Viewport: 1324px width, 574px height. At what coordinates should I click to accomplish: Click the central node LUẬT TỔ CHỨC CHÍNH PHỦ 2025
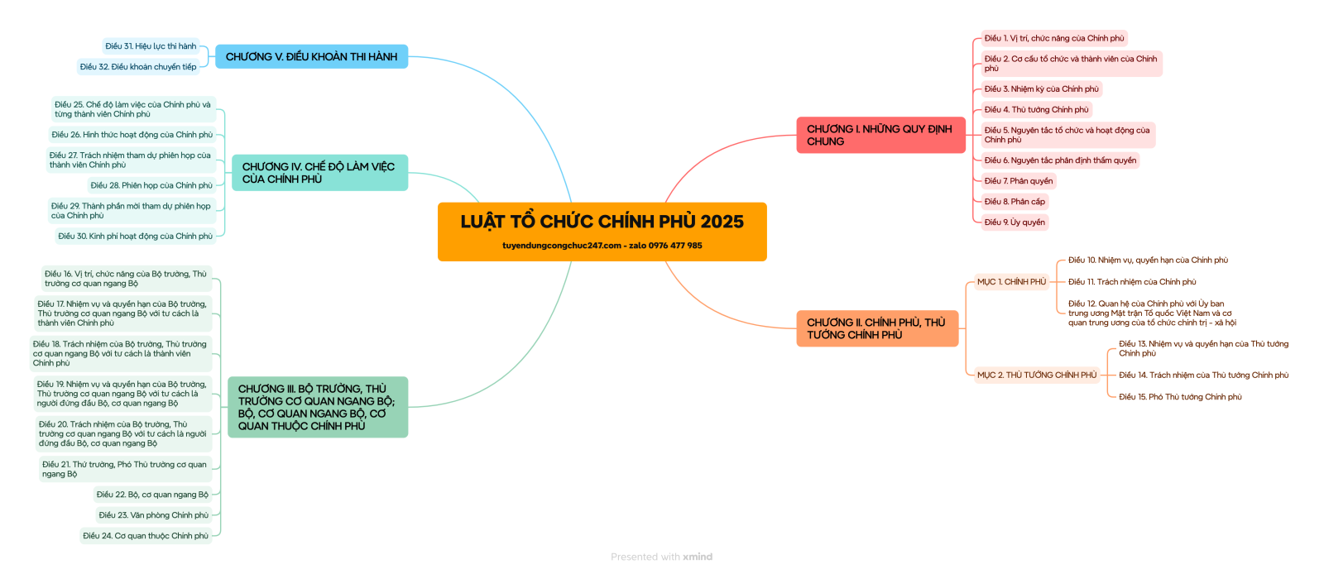click(x=602, y=222)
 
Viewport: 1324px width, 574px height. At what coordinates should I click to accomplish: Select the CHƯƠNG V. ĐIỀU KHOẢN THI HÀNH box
click(x=311, y=57)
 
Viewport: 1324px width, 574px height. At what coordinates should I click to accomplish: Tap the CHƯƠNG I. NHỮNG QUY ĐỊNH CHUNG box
click(x=880, y=136)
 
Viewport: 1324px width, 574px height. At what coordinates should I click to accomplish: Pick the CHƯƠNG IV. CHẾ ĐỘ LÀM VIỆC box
click(x=319, y=173)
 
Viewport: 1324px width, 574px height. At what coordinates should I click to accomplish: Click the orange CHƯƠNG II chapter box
click(x=877, y=328)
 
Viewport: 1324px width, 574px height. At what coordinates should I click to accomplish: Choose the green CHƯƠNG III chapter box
click(x=318, y=407)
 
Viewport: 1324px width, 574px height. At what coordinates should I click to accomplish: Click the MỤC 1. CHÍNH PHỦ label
click(x=1011, y=282)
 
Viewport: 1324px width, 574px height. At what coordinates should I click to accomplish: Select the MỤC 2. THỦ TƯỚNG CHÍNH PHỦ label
click(x=1036, y=375)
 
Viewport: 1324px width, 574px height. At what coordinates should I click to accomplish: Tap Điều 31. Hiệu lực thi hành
click(x=151, y=46)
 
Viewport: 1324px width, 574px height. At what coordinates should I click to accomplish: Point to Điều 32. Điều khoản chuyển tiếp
click(x=138, y=67)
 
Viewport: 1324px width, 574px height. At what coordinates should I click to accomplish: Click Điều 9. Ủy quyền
click(x=1015, y=222)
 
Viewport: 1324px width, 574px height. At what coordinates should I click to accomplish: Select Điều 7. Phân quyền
click(x=1019, y=181)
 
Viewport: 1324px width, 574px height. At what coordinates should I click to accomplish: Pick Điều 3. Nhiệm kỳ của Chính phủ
click(x=1041, y=89)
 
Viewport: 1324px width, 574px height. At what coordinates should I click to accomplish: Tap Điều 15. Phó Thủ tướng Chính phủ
click(x=1180, y=397)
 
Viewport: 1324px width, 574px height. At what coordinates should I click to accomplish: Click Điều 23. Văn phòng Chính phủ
click(x=153, y=515)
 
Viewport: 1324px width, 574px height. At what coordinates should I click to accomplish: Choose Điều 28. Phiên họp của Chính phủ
click(x=151, y=186)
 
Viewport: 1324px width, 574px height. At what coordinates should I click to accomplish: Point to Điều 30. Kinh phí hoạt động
click(x=135, y=237)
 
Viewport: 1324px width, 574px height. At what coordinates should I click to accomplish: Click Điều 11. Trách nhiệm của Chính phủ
click(x=1132, y=282)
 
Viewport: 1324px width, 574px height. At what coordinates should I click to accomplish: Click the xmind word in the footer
click(x=698, y=557)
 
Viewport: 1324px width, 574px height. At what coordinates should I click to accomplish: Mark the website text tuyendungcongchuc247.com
click(x=562, y=246)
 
